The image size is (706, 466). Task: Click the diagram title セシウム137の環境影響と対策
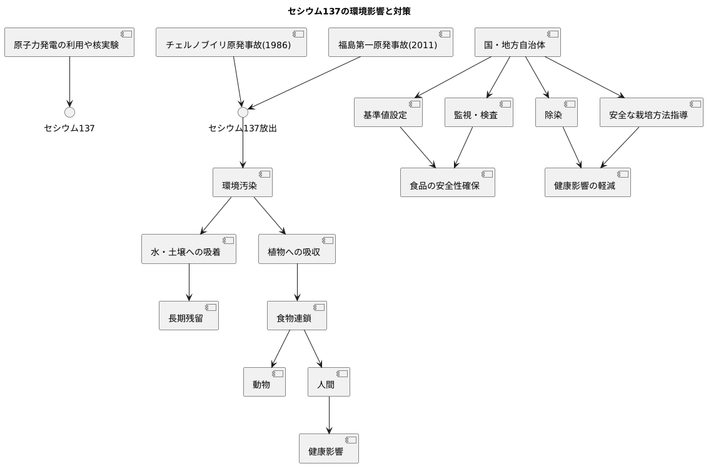click(x=349, y=11)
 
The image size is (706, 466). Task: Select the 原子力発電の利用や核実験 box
click(x=69, y=43)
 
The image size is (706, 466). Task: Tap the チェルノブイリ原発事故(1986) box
click(x=231, y=43)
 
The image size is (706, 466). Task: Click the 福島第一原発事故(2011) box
click(x=390, y=43)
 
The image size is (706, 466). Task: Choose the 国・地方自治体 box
click(x=517, y=43)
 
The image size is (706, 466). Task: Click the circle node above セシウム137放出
click(x=243, y=113)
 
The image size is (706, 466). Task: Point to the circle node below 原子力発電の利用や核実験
click(x=69, y=113)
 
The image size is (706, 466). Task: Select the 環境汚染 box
click(x=242, y=183)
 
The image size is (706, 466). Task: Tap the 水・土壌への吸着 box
click(x=188, y=249)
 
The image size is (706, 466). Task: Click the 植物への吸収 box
click(x=296, y=249)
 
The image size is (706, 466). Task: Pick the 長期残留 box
click(x=188, y=316)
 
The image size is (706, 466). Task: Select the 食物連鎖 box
click(x=296, y=316)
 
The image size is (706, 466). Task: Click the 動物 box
click(x=264, y=382)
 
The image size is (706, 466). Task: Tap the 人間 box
click(x=328, y=382)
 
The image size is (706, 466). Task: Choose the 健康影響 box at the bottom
click(x=328, y=448)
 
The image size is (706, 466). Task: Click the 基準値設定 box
click(x=388, y=113)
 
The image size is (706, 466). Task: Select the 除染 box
click(x=556, y=113)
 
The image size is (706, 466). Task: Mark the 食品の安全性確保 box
click(x=447, y=183)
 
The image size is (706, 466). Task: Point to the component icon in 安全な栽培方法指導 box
click(x=695, y=104)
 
